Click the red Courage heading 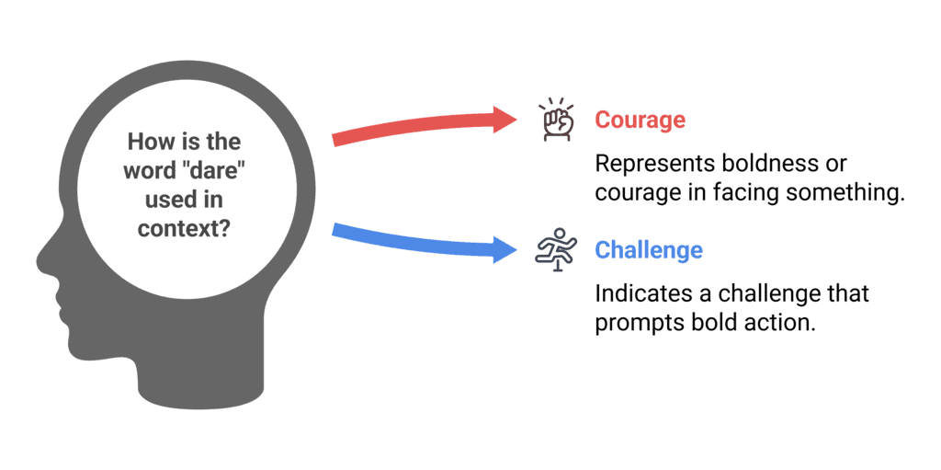pos(640,120)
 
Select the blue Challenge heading pos(649,250)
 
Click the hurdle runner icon pos(555,250)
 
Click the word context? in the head pos(184,227)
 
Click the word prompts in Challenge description pos(631,323)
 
